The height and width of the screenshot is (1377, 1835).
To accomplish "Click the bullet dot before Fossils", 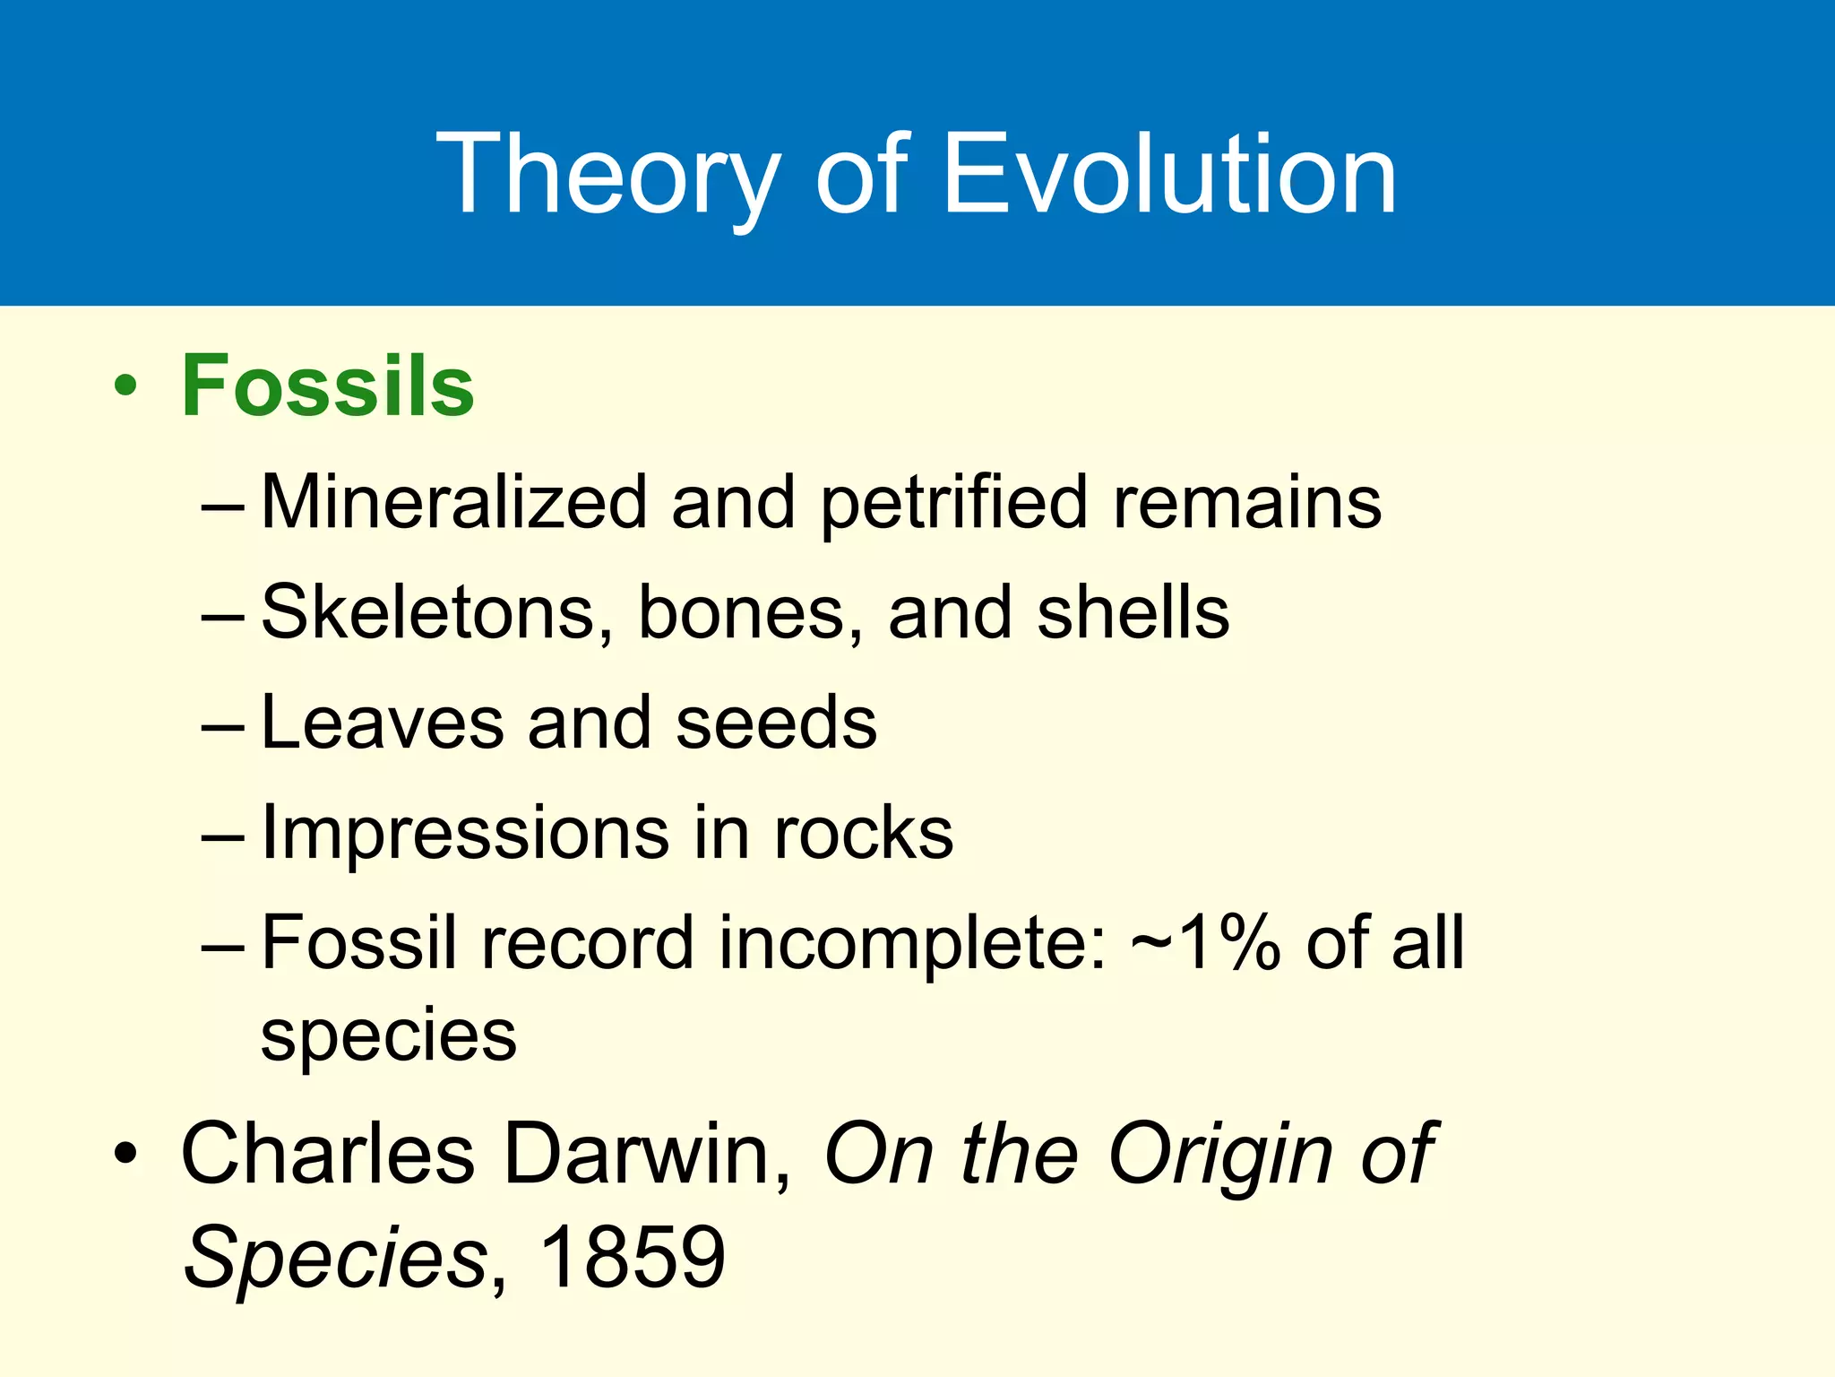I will [125, 387].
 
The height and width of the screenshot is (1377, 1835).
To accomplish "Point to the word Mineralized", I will [454, 502].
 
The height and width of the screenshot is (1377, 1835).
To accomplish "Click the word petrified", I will [954, 504].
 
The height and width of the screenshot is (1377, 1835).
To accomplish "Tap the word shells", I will [1133, 612].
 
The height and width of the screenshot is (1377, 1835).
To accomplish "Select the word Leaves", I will [382, 723].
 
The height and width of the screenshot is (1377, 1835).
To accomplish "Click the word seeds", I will [776, 723].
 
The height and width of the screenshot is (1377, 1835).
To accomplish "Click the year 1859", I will [633, 1257].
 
